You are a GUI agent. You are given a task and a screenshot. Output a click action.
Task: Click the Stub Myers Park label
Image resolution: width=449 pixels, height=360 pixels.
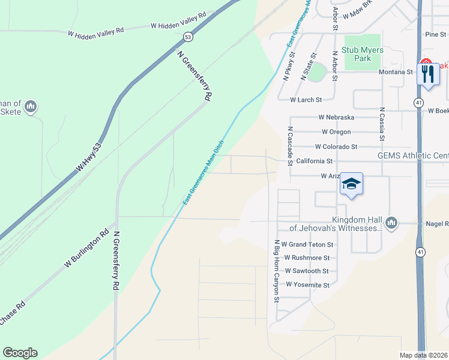[x=362, y=54]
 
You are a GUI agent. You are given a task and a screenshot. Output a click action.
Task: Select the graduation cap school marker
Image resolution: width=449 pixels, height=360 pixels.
[x=352, y=184]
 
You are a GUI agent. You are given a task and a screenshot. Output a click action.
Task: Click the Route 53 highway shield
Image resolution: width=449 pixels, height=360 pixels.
[x=188, y=37]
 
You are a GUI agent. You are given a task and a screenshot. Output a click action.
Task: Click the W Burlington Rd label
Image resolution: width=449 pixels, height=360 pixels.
[x=86, y=248]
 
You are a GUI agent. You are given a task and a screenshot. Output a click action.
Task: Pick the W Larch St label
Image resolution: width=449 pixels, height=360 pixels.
[x=306, y=100]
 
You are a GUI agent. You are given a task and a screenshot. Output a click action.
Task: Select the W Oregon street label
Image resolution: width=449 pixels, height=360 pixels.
[x=336, y=132]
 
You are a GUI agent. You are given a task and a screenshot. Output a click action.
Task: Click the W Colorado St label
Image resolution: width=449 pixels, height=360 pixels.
[x=336, y=146]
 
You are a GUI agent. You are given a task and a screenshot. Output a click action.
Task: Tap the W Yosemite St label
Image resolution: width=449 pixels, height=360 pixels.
[x=307, y=285]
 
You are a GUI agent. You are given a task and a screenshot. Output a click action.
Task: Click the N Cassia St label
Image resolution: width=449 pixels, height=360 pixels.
[x=381, y=124]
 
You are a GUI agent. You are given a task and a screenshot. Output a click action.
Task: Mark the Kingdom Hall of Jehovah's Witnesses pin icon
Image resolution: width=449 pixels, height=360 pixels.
[x=391, y=223]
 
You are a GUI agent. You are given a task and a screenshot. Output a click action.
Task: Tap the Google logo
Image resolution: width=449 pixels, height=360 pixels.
[x=20, y=353]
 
